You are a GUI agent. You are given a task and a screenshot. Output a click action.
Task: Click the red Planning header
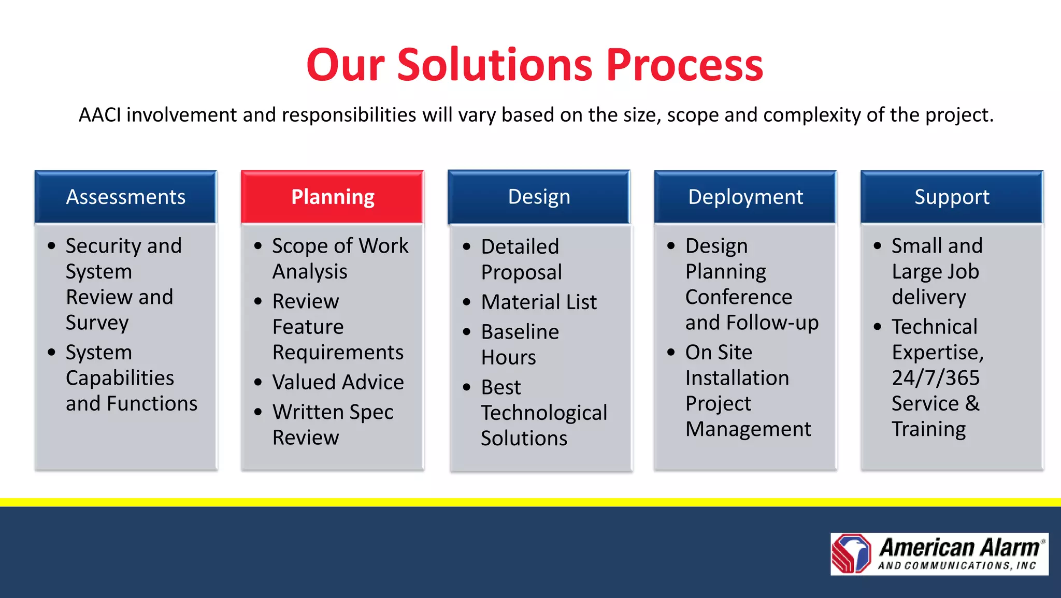[332, 197]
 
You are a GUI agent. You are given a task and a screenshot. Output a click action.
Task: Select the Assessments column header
[125, 197]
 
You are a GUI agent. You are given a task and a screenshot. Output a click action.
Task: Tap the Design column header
[539, 197]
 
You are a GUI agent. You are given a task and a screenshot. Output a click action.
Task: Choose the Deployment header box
[745, 197]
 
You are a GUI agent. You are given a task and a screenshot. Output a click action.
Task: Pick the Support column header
[952, 197]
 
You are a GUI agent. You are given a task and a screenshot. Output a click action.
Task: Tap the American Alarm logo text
[959, 548]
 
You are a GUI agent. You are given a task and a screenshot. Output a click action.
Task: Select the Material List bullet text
[539, 302]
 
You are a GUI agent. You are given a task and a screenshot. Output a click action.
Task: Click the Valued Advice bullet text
[338, 382]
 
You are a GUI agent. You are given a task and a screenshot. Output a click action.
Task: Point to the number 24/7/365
[936, 378]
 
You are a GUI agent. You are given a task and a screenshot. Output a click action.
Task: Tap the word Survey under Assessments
[97, 323]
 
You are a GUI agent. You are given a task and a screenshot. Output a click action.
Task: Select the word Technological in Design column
[544, 413]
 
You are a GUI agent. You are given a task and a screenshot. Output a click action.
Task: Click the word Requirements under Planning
[338, 353]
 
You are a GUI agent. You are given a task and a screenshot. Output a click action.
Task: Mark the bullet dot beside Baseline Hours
[467, 332]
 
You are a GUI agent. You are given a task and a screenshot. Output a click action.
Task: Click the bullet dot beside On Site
[671, 353]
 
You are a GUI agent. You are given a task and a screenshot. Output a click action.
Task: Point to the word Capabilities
[120, 378]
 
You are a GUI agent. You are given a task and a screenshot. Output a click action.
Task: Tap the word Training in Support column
[928, 429]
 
